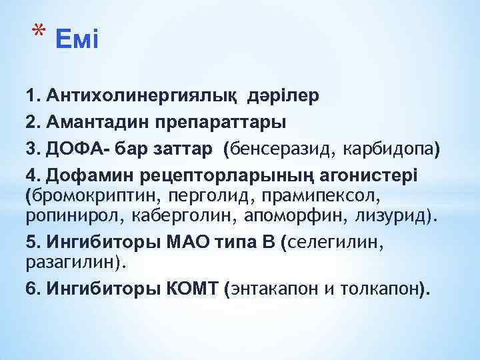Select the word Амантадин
pos(96,122)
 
